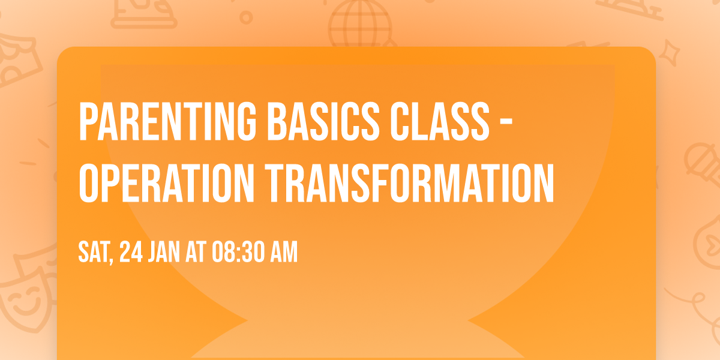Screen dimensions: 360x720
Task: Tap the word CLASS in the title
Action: (428, 122)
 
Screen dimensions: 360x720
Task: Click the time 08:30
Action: (238, 253)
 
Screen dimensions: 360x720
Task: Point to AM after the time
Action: (284, 253)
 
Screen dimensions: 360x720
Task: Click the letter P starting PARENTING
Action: (88, 122)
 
